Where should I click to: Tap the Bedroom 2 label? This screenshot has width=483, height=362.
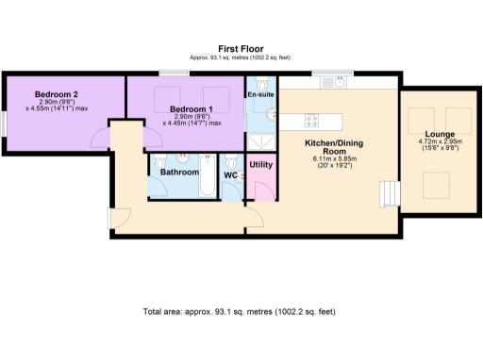pos(56,94)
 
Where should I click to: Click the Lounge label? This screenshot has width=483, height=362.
pos(440,135)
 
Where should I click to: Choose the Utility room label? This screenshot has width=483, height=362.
pos(260,165)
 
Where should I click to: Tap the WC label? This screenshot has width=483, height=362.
pos(230,174)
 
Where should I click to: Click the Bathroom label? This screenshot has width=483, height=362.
pos(178,173)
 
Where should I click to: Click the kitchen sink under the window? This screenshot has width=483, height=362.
pos(332,83)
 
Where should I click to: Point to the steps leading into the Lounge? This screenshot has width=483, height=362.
pos(387,195)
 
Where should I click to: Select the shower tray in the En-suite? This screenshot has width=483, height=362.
pos(260,140)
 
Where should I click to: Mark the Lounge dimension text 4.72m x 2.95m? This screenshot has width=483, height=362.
pos(440,143)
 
